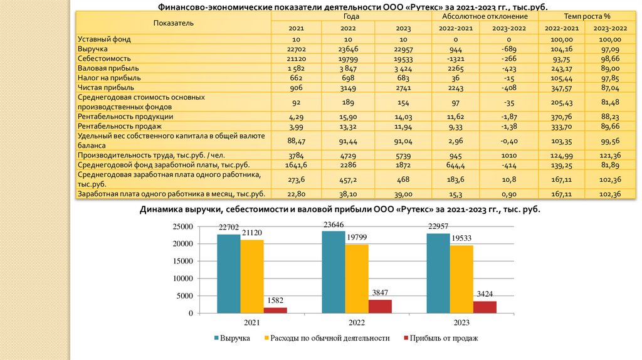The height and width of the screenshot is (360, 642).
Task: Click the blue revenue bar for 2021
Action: pos(229,273)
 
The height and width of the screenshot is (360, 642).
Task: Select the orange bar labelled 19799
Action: pos(356,278)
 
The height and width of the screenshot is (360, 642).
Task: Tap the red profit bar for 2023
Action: pos(485,307)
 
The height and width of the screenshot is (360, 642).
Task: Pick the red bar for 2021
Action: pos(275,310)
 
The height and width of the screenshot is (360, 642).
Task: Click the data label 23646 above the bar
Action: pos(334,225)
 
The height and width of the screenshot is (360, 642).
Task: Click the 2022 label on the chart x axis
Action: pos(356,322)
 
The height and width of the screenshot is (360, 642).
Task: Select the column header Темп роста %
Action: pos(587,16)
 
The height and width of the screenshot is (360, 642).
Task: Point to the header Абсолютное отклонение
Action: pos(485,16)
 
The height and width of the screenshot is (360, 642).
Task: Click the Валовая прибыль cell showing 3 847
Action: pos(348,68)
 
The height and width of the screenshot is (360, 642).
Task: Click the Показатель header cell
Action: pos(173,23)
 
